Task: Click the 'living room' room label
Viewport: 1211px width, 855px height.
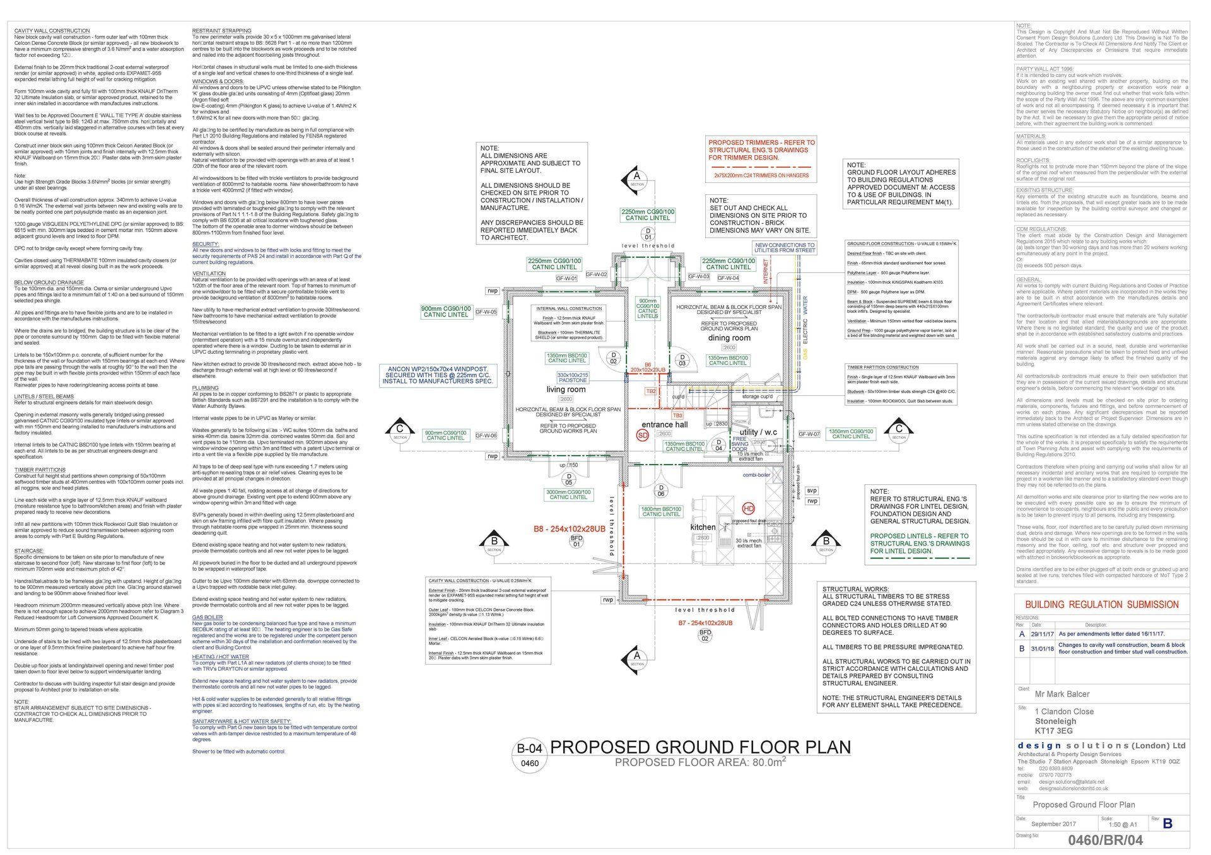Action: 565,389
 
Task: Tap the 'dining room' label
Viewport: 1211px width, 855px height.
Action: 729,338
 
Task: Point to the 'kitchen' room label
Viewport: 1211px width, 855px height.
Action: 703,527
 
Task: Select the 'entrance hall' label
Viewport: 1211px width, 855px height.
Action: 664,424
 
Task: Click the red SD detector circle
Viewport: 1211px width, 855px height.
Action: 643,435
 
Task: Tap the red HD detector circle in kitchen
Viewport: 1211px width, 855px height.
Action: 749,508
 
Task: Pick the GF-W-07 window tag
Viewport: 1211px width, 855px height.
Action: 809,434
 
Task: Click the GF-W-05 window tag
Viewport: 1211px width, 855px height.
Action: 486,312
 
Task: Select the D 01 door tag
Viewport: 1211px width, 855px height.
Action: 647,234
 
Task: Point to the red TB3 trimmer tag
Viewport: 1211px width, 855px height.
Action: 677,416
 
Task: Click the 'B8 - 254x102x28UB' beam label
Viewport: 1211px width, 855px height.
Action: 569,529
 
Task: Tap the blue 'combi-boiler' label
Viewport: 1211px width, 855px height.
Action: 756,475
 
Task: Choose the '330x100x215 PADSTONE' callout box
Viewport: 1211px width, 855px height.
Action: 572,378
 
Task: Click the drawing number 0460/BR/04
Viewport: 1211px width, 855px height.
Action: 1104,840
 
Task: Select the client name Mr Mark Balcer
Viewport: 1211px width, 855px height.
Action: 1062,694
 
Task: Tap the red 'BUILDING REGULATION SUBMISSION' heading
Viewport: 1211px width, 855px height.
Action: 1101,605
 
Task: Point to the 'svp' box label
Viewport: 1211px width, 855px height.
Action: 812,490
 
